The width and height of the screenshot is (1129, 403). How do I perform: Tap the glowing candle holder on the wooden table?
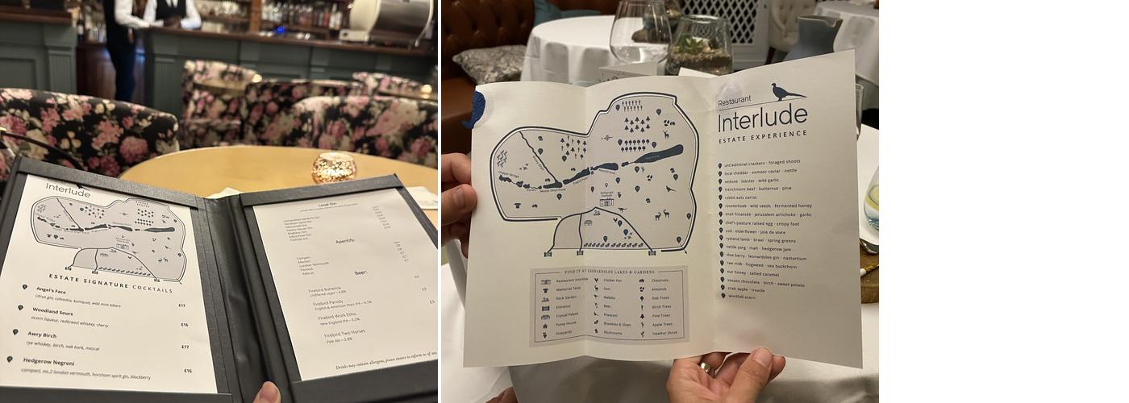(334, 167)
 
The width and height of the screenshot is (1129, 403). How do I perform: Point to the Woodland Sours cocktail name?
(52, 312)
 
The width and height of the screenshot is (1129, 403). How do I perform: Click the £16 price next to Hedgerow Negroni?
(188, 371)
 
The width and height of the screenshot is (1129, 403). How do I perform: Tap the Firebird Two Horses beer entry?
(344, 332)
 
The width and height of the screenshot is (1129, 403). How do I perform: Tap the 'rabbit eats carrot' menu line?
(740, 197)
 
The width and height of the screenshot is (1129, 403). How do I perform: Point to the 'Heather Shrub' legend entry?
(665, 333)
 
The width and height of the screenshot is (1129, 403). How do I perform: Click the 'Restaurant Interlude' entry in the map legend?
(572, 280)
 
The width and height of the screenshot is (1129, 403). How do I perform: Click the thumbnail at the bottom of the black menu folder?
(267, 393)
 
